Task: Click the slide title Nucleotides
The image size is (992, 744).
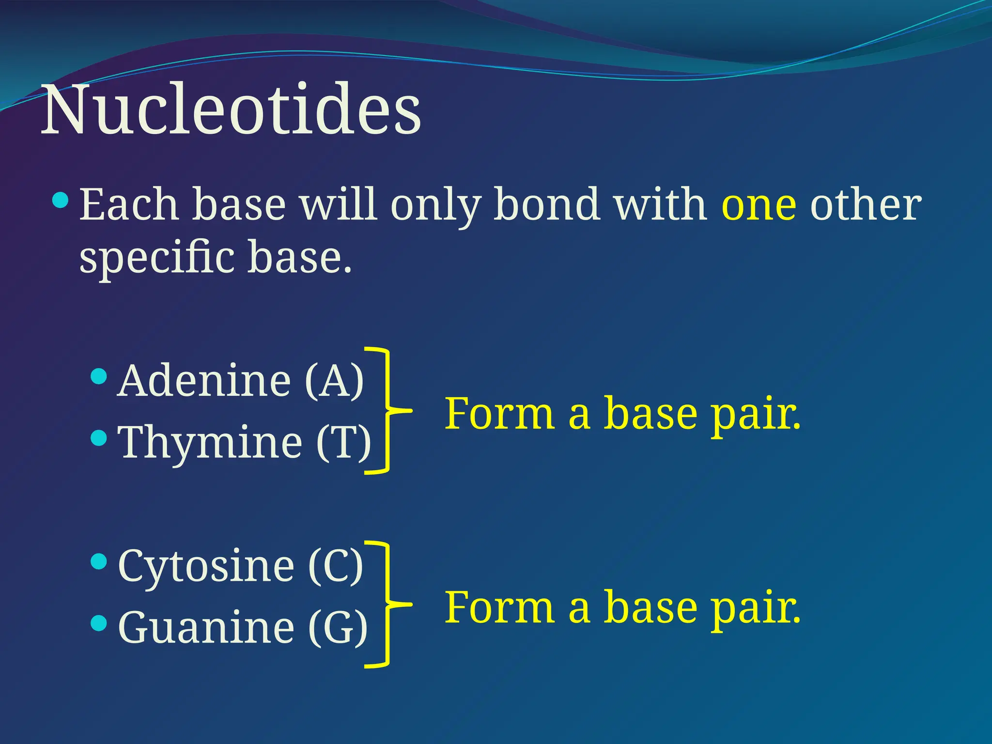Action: pos(231,110)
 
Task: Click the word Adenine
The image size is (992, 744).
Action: pos(204,381)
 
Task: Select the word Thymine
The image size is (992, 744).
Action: pos(211,442)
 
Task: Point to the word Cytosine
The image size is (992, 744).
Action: pos(206,565)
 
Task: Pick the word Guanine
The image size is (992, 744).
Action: pos(206,627)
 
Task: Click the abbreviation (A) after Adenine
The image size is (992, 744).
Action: pos(334,381)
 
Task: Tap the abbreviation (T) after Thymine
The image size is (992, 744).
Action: pos(343,442)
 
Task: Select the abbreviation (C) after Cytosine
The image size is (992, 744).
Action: pos(336,565)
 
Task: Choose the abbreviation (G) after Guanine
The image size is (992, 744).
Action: pos(338,627)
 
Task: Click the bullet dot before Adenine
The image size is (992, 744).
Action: pos(99,376)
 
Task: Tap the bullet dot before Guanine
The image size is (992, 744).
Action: pos(99,623)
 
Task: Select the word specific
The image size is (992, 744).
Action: pos(157,258)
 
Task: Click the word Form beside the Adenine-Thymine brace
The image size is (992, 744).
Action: pos(499,413)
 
